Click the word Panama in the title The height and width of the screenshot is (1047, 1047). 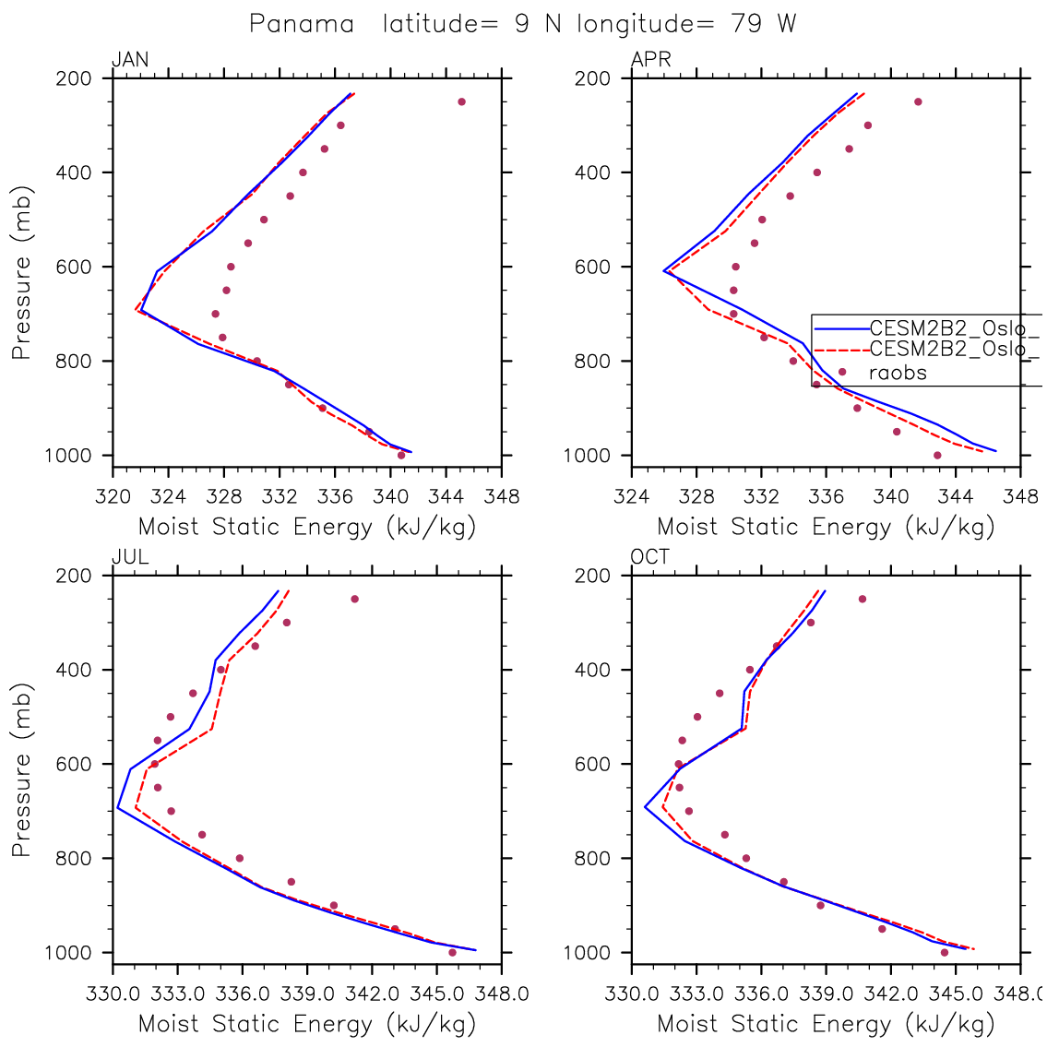[x=302, y=24]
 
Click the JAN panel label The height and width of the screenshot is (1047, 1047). [x=130, y=61]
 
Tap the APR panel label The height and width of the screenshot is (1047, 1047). [x=650, y=61]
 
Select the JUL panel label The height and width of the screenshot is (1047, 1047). [x=130, y=558]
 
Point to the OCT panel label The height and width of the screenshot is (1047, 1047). [x=650, y=558]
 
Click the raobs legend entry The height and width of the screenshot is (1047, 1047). [x=898, y=373]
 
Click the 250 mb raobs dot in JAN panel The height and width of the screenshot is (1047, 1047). [x=461, y=101]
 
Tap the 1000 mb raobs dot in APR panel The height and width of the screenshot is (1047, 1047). [x=937, y=455]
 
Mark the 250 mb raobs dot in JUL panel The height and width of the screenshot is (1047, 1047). [x=354, y=599]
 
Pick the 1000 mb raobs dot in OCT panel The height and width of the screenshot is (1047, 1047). [x=945, y=952]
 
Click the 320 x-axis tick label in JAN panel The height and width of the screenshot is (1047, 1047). [x=113, y=497]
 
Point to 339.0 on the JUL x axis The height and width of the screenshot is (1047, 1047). [x=307, y=994]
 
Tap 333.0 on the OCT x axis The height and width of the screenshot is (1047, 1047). [x=696, y=994]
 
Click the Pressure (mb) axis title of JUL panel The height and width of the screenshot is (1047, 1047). [x=22, y=770]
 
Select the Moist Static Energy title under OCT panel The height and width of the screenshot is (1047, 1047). [x=826, y=1024]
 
